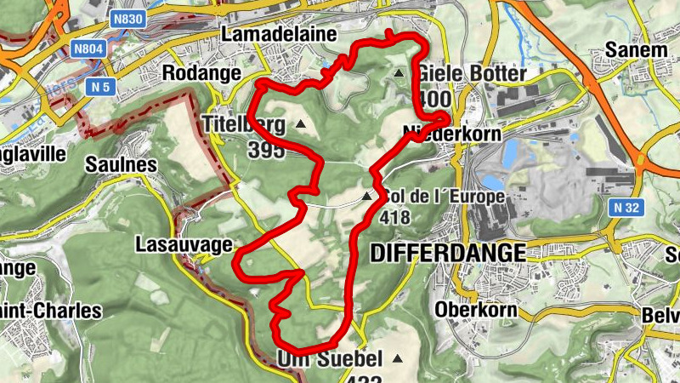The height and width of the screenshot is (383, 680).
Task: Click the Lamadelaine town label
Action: pyautogui.click(x=268, y=34)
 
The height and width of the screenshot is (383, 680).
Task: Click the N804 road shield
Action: pyautogui.click(x=89, y=49)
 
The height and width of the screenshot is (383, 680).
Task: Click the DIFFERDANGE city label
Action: pyautogui.click(x=449, y=253)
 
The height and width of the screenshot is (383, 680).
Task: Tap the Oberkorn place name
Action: pyautogui.click(x=475, y=310)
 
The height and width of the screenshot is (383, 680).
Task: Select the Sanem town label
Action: pyautogui.click(x=636, y=50)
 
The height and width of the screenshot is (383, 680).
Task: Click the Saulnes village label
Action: pyautogui.click(x=121, y=163)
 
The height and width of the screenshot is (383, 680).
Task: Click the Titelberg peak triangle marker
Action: pyautogui.click(x=300, y=125)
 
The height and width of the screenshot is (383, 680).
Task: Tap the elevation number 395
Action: pyautogui.click(x=269, y=150)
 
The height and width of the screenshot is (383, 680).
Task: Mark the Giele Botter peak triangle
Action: pyautogui.click(x=399, y=74)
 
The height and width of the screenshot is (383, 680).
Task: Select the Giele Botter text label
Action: pyautogui.click(x=467, y=74)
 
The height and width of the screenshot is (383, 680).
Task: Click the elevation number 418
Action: pyautogui.click(x=397, y=218)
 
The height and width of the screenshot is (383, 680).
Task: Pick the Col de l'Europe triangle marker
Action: pyautogui.click(x=366, y=197)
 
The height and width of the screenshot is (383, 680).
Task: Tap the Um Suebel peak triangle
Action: pyautogui.click(x=396, y=358)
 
